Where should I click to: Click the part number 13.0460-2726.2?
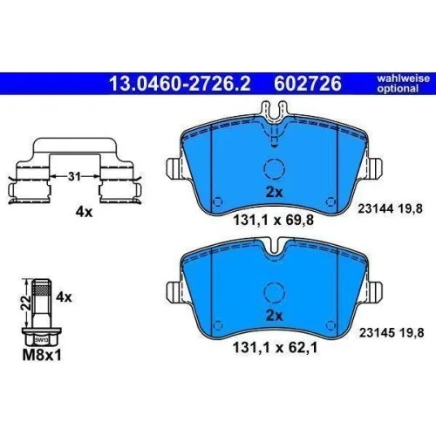point(180,84)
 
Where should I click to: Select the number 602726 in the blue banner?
point(308,84)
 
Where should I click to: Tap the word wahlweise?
point(403,78)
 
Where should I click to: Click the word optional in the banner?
point(398,88)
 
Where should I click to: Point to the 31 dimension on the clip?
point(74,176)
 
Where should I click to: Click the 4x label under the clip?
point(84,212)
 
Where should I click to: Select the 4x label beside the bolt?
point(64,297)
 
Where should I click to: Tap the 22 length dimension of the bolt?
point(26,303)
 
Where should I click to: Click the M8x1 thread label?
point(42,355)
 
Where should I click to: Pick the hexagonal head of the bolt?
point(42,337)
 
